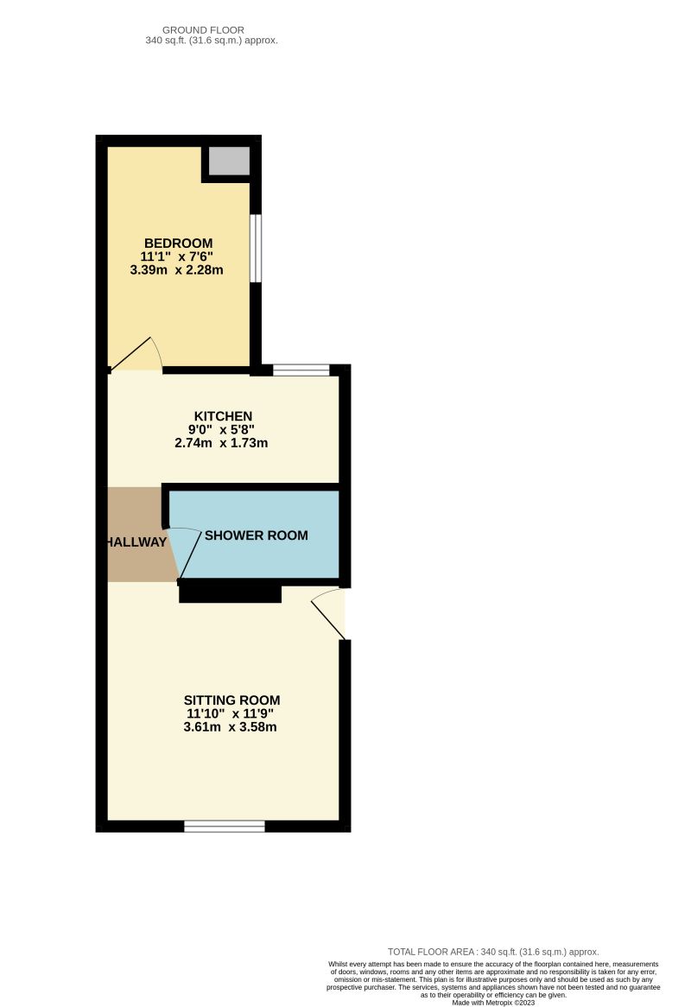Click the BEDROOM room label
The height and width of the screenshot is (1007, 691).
coord(178,243)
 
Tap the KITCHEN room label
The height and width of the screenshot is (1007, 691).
coord(223,416)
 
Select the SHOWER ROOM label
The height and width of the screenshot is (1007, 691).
coord(256,535)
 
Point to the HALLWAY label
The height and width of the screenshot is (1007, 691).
coord(136,542)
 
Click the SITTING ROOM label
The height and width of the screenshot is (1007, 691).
coord(231,700)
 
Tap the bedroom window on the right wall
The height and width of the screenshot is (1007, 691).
coord(256,248)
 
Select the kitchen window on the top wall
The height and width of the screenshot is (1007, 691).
coord(301,370)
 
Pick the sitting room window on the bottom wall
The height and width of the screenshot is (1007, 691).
coord(225,826)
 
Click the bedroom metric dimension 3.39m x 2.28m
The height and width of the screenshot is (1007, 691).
coord(178,269)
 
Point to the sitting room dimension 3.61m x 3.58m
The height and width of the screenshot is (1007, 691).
coord(231,727)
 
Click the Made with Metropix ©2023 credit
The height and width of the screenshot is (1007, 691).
coord(493,1002)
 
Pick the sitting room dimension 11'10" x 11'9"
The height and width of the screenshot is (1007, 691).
coord(231,713)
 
